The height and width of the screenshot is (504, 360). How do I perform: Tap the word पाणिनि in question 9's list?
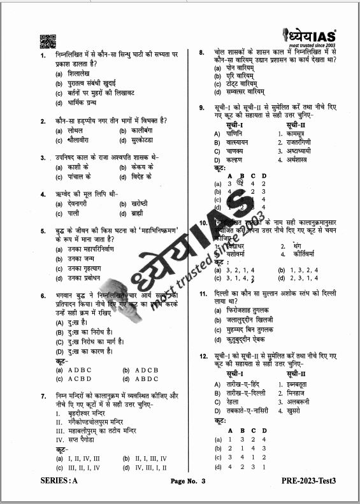236,134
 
